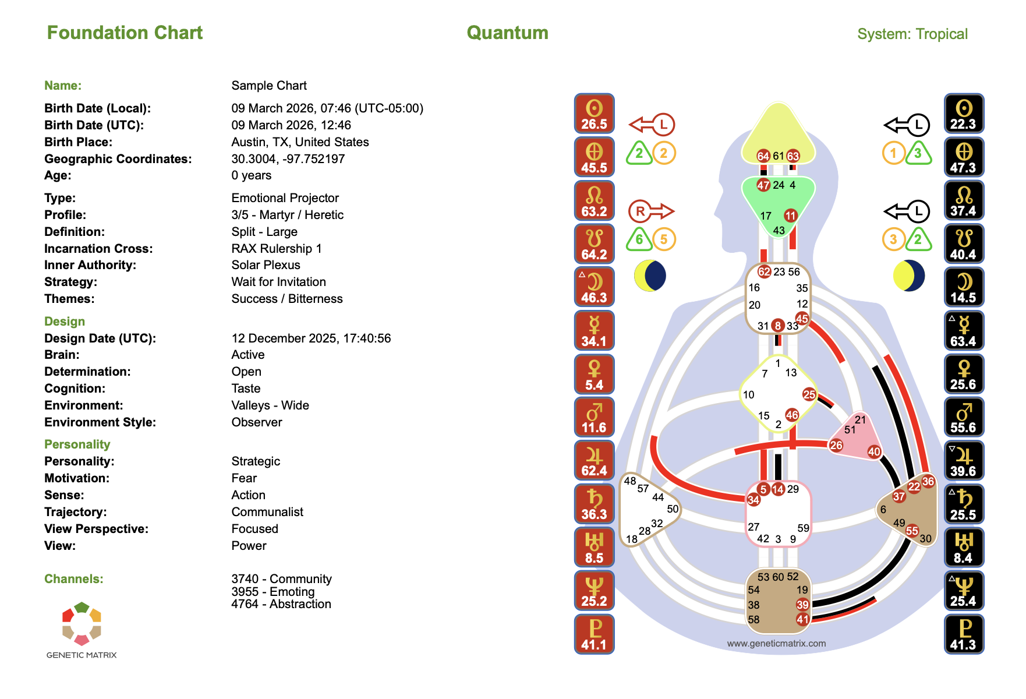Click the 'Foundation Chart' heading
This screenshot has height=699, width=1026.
point(125,33)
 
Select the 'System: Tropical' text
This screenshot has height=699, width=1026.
point(912,34)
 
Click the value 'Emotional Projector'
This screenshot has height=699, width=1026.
point(285,198)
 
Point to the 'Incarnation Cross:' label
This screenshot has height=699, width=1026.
point(98,249)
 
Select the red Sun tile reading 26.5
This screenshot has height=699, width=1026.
point(594,114)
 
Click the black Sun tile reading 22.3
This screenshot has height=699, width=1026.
point(963,114)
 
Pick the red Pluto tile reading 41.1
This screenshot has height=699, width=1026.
point(594,634)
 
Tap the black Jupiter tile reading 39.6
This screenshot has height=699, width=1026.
point(963,461)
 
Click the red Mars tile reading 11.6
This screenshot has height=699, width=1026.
point(594,418)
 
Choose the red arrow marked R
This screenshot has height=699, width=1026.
point(651,211)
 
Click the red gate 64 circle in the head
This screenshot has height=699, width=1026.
point(763,156)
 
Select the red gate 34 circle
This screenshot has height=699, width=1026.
point(753,500)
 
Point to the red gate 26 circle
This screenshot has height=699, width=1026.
point(836,446)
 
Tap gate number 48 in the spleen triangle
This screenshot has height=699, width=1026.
point(629,481)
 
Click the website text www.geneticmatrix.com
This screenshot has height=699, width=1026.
point(776,644)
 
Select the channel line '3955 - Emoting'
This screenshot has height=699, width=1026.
point(273,592)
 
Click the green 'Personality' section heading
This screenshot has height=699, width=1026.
point(77,444)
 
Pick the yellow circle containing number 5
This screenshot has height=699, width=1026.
point(663,239)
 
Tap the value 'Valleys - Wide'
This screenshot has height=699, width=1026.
point(270,405)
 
